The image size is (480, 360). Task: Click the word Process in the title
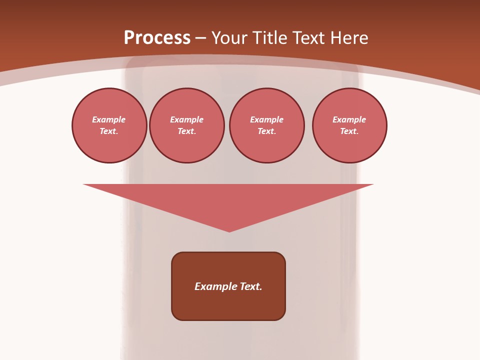point(157,38)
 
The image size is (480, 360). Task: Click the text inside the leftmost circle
point(109,125)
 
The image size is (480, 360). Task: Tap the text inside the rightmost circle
point(349,125)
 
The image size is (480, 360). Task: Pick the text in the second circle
point(187,125)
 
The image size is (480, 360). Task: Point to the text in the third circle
point(267,125)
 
